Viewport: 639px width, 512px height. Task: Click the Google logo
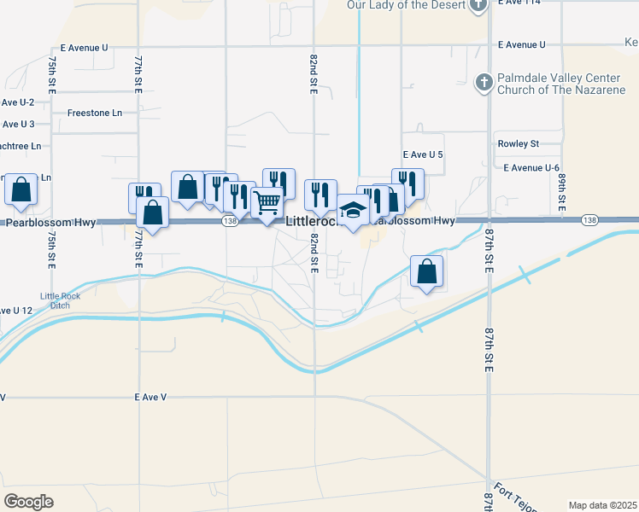tap(28, 502)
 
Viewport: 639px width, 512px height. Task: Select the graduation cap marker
tap(352, 212)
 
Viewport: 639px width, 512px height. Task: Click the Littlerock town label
tap(314, 221)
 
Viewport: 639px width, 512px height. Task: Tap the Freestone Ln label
tap(95, 113)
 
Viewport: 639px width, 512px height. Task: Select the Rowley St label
tap(519, 144)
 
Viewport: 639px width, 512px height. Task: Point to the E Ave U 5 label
tap(423, 154)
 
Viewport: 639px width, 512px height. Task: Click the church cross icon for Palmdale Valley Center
tap(484, 83)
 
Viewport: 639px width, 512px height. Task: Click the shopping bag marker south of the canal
tap(426, 272)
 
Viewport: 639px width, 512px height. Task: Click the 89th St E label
tap(563, 193)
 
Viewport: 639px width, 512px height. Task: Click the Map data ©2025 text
tap(602, 505)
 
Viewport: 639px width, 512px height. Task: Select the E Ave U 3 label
tap(17, 125)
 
